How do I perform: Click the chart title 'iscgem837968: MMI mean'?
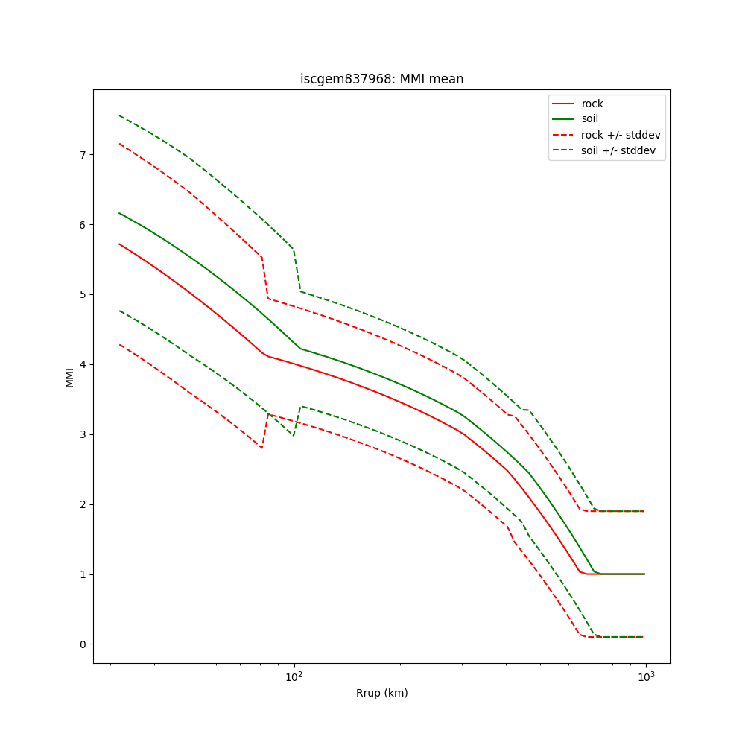(x=381, y=79)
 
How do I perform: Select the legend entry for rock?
(x=592, y=104)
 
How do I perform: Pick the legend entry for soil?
(x=592, y=119)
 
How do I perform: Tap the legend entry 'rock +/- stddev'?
(x=621, y=135)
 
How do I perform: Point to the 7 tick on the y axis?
(x=83, y=154)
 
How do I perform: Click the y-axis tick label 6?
(x=83, y=224)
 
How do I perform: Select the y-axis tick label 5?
(x=83, y=294)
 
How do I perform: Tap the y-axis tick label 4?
(x=83, y=364)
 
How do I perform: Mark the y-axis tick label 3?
(x=83, y=434)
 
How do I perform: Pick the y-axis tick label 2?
(x=83, y=504)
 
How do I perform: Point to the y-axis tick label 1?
(x=83, y=574)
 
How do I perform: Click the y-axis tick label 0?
(x=83, y=644)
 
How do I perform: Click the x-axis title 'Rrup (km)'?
(x=381, y=693)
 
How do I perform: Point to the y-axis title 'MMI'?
(x=69, y=376)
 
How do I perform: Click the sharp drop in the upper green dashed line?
(x=297, y=270)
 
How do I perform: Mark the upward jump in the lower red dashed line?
(x=265, y=431)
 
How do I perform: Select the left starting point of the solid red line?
(x=119, y=244)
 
